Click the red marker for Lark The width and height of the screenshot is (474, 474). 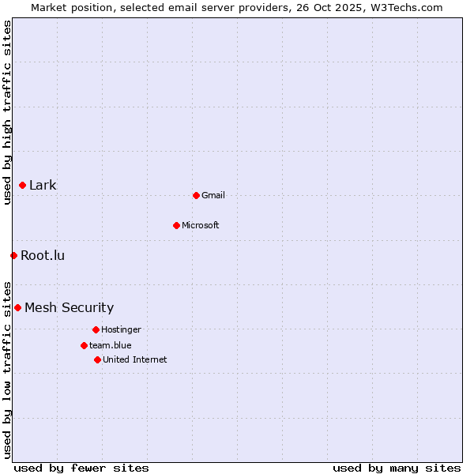point(22,186)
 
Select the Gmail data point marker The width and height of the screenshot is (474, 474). point(196,195)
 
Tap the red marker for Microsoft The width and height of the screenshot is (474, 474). point(176,225)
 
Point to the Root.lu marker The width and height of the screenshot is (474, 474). point(13,255)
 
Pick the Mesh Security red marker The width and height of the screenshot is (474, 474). point(17,307)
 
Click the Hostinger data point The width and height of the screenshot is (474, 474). point(96,329)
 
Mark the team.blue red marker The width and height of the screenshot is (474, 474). point(84,345)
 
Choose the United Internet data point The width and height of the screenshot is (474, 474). point(97,359)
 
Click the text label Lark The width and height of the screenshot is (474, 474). point(43,186)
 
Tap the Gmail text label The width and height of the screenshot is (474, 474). point(213,195)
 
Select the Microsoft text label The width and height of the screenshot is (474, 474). point(201,225)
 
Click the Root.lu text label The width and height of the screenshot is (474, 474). point(43,255)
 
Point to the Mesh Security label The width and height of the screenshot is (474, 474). point(69,307)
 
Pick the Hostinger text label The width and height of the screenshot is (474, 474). point(121,329)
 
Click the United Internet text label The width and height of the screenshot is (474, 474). point(134,359)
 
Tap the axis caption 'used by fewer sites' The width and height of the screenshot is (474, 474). point(81,468)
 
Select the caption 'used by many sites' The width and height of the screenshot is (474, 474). point(397,468)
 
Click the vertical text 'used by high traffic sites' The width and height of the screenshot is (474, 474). point(7,112)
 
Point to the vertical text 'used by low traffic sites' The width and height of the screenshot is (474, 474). point(7,369)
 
